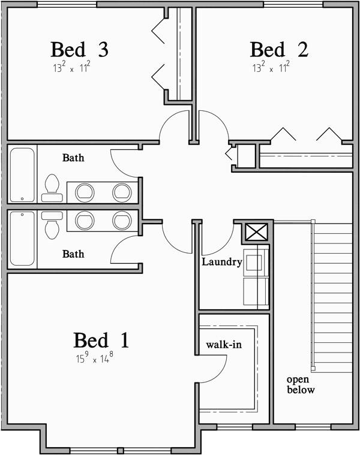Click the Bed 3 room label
point(79,49)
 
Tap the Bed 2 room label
point(278,49)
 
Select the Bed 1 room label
point(101,341)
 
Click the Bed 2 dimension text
point(271,68)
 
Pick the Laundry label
point(222,262)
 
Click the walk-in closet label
point(224,345)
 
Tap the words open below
point(300,385)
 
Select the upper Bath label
point(73,158)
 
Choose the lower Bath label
point(73,254)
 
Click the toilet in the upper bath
point(52,188)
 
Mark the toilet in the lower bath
point(52,223)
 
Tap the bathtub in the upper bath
point(22,174)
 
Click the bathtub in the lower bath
point(22,238)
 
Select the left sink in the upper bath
point(85,192)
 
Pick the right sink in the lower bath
point(122,219)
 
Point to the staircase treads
point(332,297)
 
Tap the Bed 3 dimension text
point(71,68)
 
